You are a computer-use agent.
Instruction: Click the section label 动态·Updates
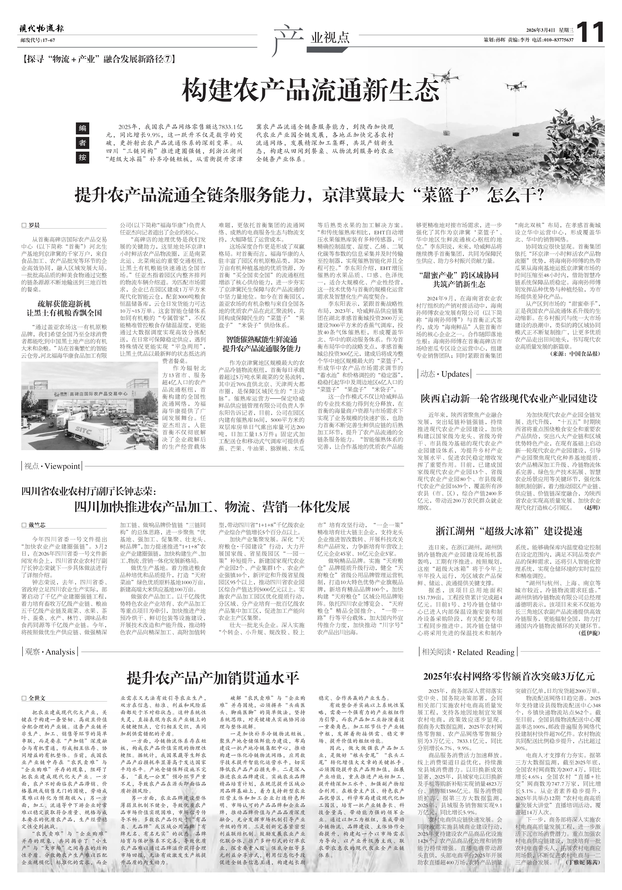[x=444, y=374]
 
